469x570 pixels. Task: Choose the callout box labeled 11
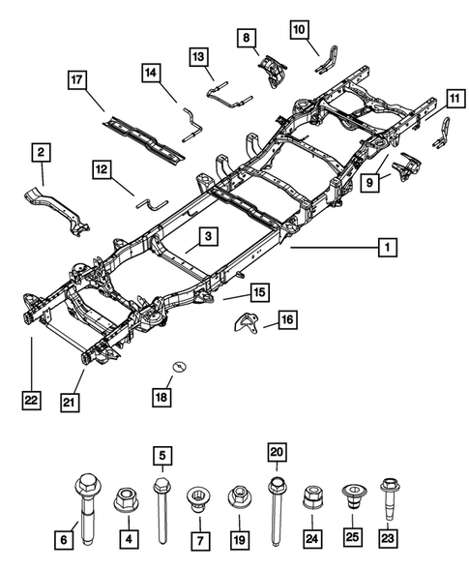pyautogui.click(x=454, y=97)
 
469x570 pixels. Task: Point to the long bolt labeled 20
pyautogui.click(x=277, y=498)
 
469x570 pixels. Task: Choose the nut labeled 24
pyautogui.click(x=311, y=499)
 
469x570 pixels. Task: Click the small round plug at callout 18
pyautogui.click(x=180, y=366)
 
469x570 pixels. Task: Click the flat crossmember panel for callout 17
pyautogui.click(x=145, y=135)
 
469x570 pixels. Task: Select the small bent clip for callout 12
pyautogui.click(x=151, y=204)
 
